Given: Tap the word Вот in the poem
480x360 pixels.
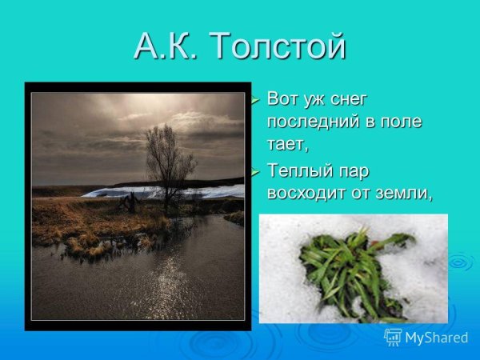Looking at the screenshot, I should (284, 101).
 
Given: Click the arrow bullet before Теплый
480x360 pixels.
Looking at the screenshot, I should (255, 171).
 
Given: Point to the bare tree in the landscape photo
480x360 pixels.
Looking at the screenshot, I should (166, 160).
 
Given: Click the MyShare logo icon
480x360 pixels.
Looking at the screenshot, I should (393, 337).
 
